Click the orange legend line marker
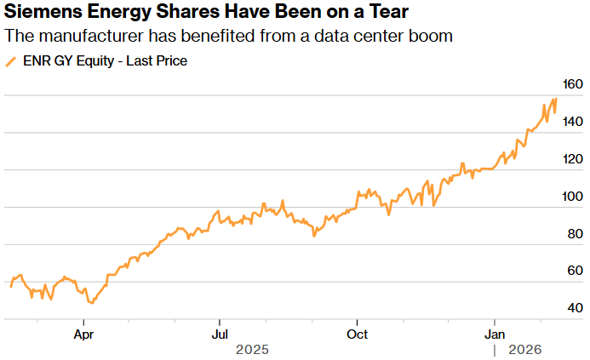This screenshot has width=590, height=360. click(11, 61)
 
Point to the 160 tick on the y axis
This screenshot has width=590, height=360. click(573, 84)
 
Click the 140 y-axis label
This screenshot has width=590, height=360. click(573, 122)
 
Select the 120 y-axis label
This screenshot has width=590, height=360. click(573, 159)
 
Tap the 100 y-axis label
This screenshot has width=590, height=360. click(573, 197)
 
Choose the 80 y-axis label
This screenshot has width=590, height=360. click(576, 233)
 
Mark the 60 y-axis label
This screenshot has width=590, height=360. click(576, 271)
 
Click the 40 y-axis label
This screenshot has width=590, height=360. click(576, 307)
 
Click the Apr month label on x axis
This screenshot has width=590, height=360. click(83, 334)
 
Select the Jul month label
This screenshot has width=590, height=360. click(220, 334)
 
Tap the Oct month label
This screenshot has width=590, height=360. click(358, 334)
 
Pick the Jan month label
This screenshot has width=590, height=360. click(495, 334)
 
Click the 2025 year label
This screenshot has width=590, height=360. click(253, 350)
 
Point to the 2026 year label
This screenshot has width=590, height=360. click(526, 350)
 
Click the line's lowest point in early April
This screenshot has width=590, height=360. click(91, 302)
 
